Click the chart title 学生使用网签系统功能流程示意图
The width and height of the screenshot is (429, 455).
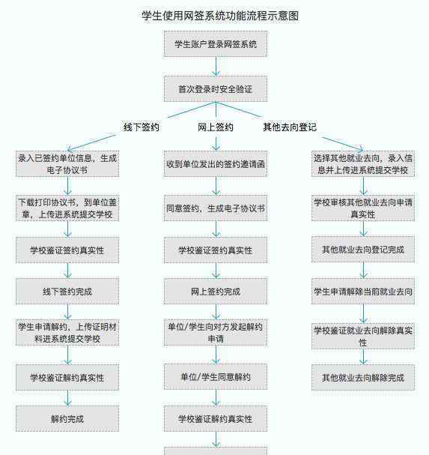(x=220, y=16)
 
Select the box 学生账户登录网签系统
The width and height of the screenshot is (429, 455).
(x=216, y=44)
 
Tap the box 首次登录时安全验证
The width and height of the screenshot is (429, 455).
(x=216, y=89)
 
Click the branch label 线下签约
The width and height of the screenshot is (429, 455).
(x=142, y=127)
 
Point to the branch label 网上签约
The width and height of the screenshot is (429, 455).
(x=216, y=127)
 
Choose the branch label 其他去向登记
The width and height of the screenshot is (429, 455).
(x=290, y=127)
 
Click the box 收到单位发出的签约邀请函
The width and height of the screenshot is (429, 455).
(x=216, y=164)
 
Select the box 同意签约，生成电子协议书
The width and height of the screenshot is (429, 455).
(x=216, y=208)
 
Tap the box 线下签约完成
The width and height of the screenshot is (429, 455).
(x=67, y=292)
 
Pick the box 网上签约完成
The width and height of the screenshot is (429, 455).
(x=216, y=292)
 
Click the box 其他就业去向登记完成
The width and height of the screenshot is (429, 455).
(x=363, y=250)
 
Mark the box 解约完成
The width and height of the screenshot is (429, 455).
(x=67, y=419)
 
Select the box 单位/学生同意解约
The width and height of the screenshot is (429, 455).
(x=216, y=376)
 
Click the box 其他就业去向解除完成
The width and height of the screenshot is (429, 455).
(x=363, y=377)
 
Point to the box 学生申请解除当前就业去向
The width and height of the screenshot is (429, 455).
(x=363, y=292)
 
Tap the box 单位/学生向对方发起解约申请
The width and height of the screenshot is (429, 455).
(x=216, y=333)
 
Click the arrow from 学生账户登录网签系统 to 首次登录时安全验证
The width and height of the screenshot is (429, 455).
(x=216, y=67)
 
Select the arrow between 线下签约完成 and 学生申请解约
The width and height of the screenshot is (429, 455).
(x=67, y=312)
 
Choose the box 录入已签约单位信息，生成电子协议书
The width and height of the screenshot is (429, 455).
(x=67, y=164)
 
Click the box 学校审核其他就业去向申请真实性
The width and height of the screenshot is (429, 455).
(x=363, y=208)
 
